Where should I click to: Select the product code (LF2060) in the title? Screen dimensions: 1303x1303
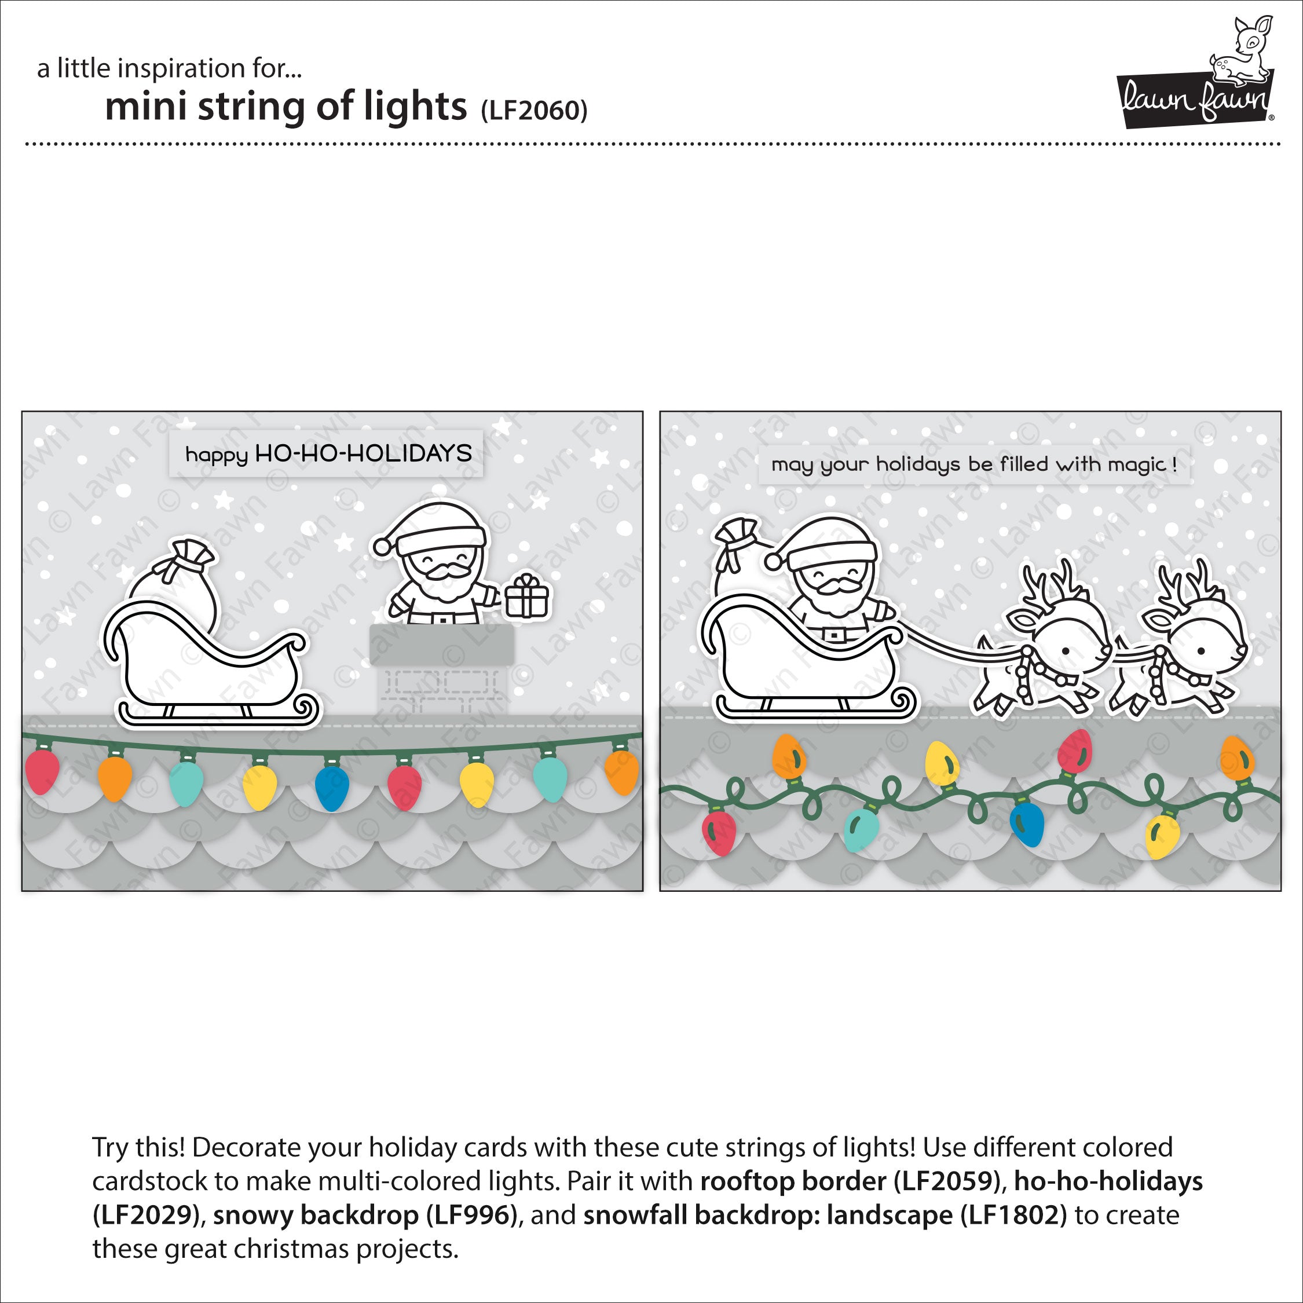click(x=534, y=111)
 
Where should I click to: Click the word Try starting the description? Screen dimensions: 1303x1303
click(x=111, y=1148)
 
